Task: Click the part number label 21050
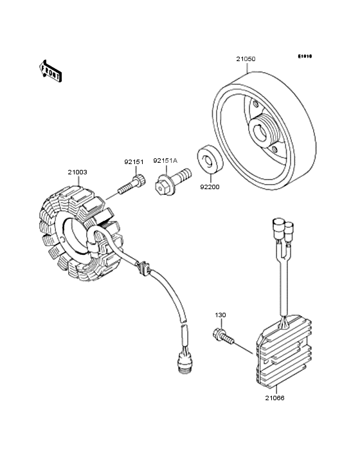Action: [x=245, y=59]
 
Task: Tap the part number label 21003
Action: [x=78, y=172]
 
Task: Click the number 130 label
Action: [x=221, y=315]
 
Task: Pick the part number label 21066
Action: [x=274, y=398]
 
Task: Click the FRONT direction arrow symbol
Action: [x=51, y=70]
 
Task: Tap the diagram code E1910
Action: [x=305, y=57]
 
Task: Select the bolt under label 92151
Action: [x=130, y=186]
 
